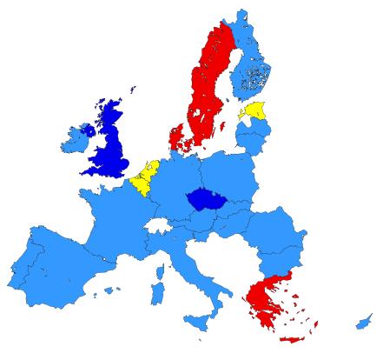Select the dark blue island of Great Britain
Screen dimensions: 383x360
tap(111, 143)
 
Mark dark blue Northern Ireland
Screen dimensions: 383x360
tap(86, 130)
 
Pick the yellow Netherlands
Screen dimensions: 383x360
tap(149, 170)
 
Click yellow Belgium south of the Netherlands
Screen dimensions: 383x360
tap(139, 185)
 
